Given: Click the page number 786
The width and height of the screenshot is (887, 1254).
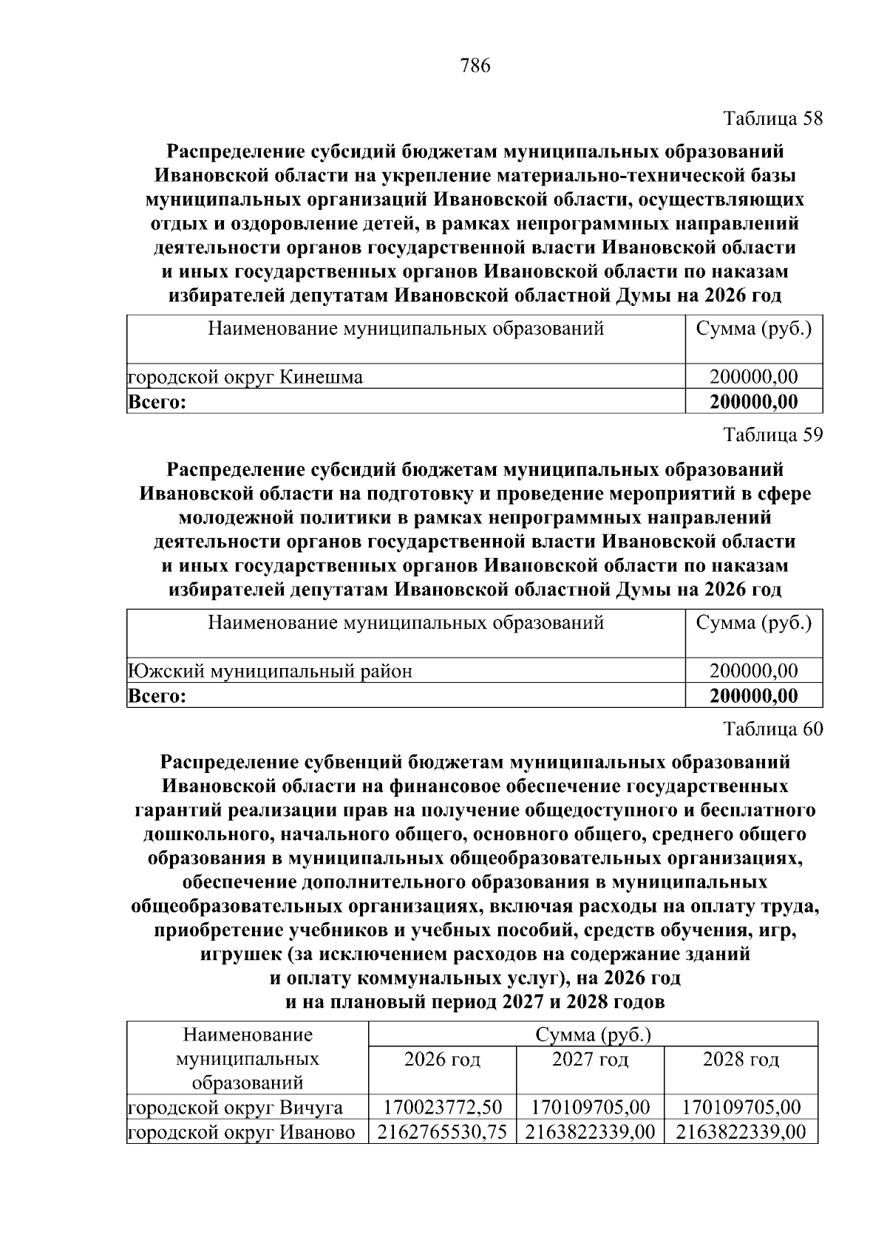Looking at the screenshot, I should tap(475, 67).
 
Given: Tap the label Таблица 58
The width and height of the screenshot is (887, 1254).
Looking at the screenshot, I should tap(773, 119).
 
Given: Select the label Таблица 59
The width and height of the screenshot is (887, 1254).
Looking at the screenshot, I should tap(773, 435).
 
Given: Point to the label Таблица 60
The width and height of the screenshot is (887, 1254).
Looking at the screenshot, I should tap(773, 729).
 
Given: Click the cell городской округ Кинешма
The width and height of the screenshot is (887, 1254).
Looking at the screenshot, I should tap(245, 378).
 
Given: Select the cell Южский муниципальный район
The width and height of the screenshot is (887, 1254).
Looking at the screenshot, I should tap(271, 671).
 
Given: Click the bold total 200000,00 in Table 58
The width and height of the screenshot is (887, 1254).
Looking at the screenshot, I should tap(753, 402).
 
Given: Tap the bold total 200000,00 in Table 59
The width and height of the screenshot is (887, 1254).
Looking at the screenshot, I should tap(753, 696).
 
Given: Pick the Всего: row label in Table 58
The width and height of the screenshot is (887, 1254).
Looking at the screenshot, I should tap(156, 402).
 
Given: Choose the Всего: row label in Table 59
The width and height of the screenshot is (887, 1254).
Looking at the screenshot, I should tap(156, 696).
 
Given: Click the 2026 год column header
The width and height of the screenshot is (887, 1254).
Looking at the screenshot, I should tap(442, 1060).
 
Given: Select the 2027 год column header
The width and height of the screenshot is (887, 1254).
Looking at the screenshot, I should tap(590, 1060).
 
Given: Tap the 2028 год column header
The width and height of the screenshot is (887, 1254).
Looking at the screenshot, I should tap(741, 1060).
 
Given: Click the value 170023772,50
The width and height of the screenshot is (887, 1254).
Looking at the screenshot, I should tap(442, 1107).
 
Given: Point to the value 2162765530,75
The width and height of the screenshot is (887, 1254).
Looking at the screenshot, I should tap(442, 1132).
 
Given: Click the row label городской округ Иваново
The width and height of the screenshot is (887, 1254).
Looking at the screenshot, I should tap(242, 1132).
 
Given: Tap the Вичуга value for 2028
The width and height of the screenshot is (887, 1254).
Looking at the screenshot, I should tap(741, 1107).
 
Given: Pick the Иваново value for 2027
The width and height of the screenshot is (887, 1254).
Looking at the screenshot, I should tap(590, 1132).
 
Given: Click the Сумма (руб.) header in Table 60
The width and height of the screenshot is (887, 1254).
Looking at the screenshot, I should tap(593, 1035).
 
